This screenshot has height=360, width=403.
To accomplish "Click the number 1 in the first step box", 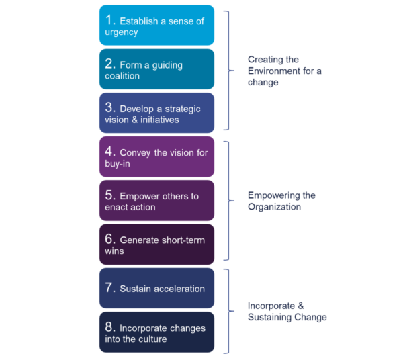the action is pos(109,20).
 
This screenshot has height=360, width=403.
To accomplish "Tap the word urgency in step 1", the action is pos(122,32).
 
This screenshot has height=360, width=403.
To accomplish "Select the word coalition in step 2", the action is pos(122,76).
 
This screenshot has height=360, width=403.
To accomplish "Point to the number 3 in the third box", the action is pos(109,107).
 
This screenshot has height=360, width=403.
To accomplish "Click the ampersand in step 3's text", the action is pos(134,120).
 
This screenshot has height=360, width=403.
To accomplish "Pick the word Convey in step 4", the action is pos(135,153).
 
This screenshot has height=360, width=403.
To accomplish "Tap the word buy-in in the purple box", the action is pos(118,164).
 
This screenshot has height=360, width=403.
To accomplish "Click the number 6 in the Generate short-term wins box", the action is pos(109,239).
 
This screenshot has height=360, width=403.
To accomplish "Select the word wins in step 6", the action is pos(114,251).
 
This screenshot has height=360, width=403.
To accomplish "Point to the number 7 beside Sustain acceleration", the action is pos(109,287).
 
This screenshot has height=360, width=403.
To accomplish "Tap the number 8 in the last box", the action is pos(109,327).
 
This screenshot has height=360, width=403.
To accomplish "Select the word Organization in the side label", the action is pos(274,207).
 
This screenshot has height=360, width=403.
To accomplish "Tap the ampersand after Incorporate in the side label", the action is pos(301,306).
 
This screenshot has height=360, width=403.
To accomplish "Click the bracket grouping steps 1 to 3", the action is pos(229,70).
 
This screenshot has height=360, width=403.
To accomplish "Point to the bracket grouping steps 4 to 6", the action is pos(229,201).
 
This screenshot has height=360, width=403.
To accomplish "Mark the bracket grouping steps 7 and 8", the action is pos(229,311).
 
